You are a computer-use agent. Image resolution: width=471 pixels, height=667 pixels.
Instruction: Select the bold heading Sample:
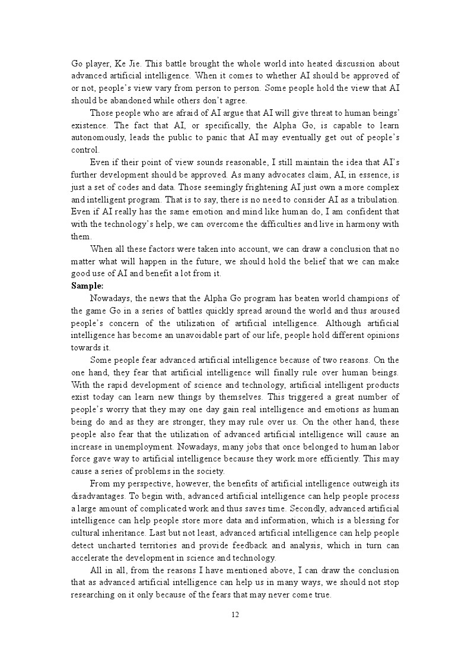point(87,286)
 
